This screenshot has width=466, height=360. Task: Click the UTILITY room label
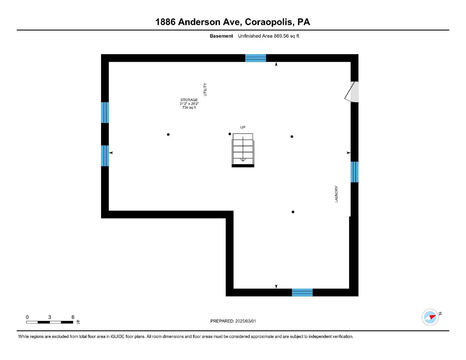coord(205,89)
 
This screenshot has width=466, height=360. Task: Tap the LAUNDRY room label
coord(336,194)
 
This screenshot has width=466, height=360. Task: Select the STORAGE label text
coord(189,100)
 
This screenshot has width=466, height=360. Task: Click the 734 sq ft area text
coord(189,107)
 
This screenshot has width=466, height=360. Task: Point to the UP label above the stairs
coord(243,127)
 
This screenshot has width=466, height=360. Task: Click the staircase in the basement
coord(243,150)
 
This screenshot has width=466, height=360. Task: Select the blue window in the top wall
coord(255,58)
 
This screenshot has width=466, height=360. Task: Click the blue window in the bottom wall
coord(302,292)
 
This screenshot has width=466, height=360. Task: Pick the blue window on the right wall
coord(354,172)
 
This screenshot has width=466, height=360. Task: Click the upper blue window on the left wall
coord(105,112)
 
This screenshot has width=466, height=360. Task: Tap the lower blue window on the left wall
coord(105,156)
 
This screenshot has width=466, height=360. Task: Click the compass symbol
coord(430,317)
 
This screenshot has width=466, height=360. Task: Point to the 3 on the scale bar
coord(50,317)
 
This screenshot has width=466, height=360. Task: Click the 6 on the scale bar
coord(73,317)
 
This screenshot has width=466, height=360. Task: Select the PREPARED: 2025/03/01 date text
coord(233,321)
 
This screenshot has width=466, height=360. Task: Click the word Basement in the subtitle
coord(221,36)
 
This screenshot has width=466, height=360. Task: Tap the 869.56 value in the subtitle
coord(281,36)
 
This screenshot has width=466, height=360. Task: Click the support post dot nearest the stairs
coord(230,134)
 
